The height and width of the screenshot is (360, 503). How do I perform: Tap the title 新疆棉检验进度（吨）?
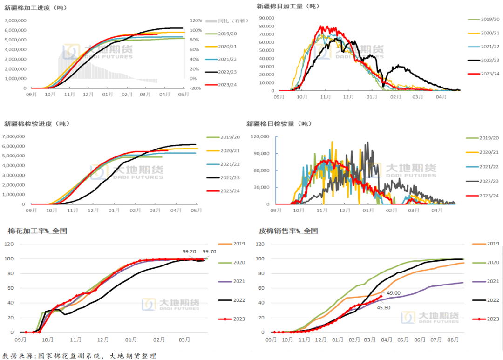click(37, 123)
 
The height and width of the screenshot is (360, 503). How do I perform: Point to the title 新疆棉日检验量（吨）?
click(279, 123)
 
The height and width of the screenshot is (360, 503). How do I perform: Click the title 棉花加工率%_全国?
click(37, 231)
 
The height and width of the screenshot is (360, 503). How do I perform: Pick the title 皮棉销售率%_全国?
click(288, 231)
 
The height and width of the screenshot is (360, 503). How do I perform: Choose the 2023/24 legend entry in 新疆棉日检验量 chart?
click(489, 196)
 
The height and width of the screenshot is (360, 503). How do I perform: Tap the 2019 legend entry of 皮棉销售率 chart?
click(493, 244)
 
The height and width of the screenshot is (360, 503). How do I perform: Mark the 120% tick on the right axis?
click(196, 20)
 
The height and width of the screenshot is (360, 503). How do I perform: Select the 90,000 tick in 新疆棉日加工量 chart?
click(267, 18)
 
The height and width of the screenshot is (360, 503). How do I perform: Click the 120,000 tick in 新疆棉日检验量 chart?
click(261, 136)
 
